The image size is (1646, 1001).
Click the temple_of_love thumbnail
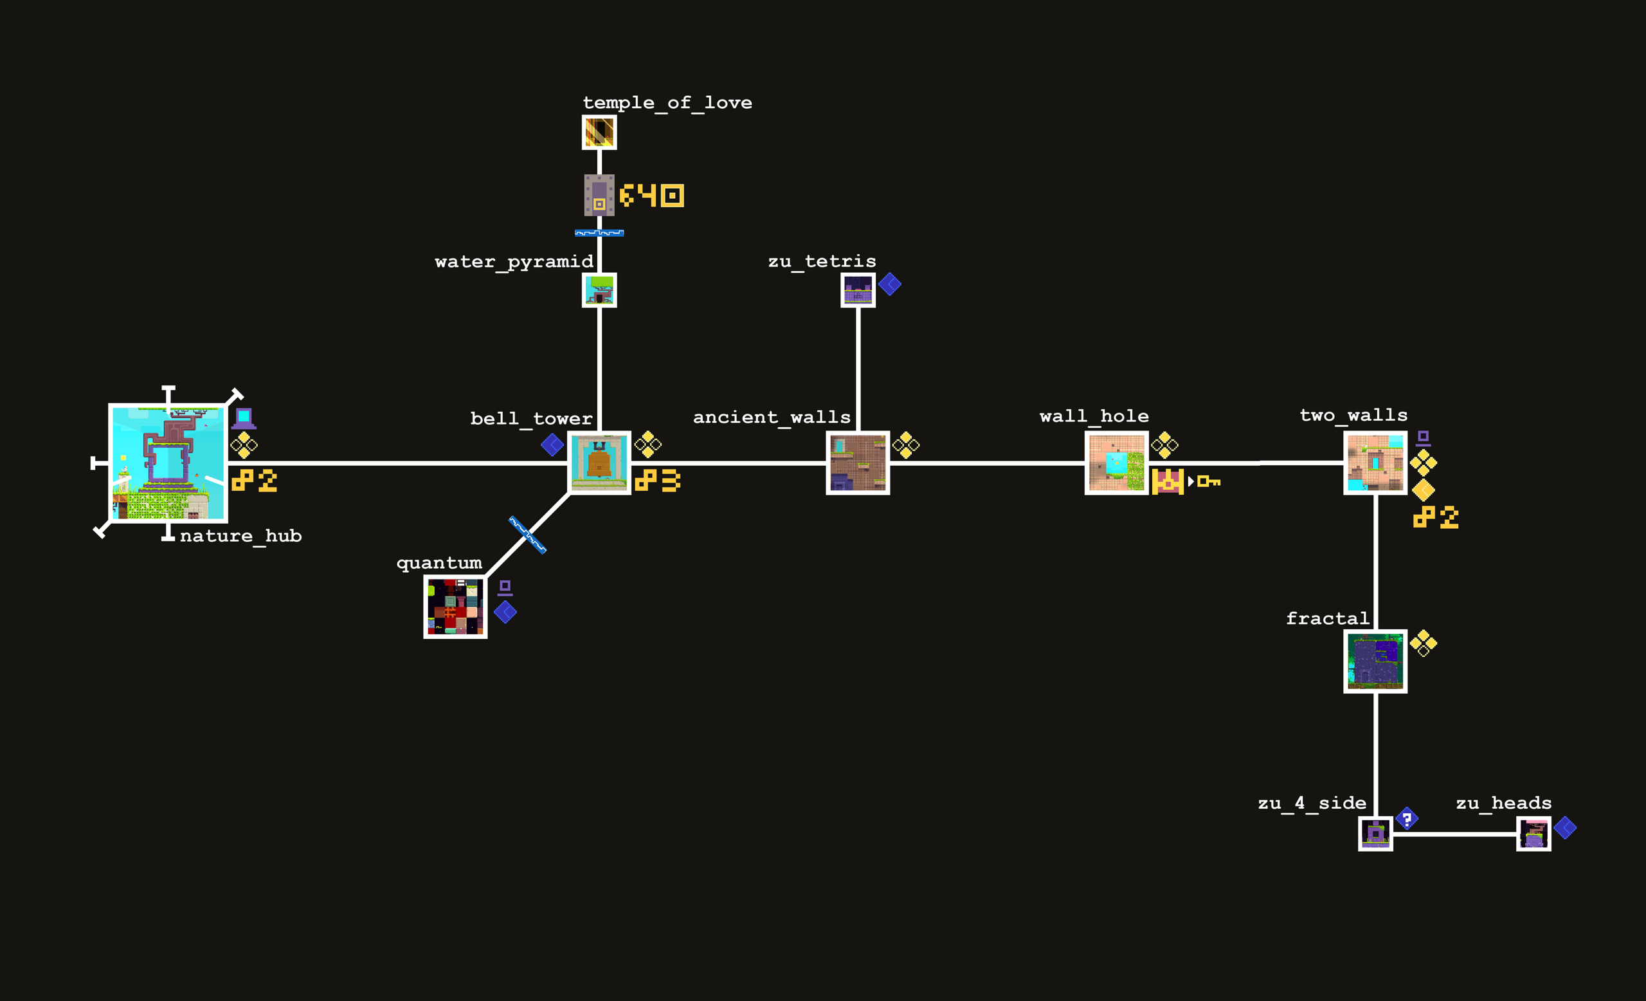click(599, 133)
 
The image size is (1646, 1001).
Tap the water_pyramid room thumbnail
click(599, 290)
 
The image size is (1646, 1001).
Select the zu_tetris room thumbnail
click(858, 290)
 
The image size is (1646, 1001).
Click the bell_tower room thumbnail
click(599, 463)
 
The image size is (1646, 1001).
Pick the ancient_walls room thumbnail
click(858, 463)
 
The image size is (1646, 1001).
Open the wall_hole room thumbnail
click(1116, 463)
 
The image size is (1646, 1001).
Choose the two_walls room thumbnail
click(1375, 463)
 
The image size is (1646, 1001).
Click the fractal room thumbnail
click(1375, 661)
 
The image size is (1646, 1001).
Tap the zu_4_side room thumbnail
click(1375, 833)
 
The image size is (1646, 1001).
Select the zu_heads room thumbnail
click(1533, 833)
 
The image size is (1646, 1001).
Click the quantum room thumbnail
click(455, 607)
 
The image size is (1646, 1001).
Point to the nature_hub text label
click(240, 536)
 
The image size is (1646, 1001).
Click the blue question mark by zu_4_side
click(1407, 818)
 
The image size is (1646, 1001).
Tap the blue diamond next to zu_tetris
click(890, 284)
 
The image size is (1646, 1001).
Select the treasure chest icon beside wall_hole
click(1168, 481)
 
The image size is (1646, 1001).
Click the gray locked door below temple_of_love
click(599, 195)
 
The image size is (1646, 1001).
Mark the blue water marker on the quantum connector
click(528, 535)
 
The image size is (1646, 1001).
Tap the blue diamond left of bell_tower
click(552, 445)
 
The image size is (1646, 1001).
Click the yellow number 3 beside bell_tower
click(670, 481)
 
